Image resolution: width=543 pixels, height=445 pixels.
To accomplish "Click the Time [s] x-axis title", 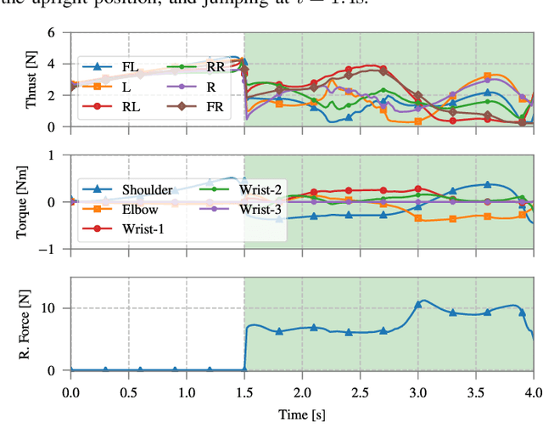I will [302, 415].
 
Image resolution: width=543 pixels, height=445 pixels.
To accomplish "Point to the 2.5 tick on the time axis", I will [360, 392].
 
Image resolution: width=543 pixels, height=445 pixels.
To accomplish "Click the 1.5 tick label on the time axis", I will [244, 392].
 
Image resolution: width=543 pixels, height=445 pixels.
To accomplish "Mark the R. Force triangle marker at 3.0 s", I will [417, 304].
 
